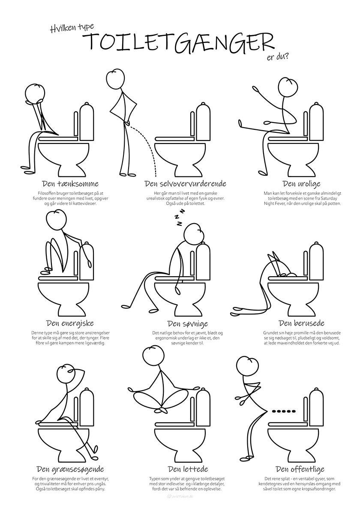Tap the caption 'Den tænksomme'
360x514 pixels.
[70, 184]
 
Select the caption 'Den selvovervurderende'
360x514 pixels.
[185, 184]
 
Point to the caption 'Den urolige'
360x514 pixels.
[301, 184]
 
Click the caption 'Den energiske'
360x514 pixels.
[70, 323]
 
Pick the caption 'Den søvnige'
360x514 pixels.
[187, 324]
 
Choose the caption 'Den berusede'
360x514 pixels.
[301, 323]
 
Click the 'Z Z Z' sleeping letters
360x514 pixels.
[180, 217]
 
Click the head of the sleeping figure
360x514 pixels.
[195, 233]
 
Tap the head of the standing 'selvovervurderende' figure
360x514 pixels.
[117, 79]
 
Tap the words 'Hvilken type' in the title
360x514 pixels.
[72, 28]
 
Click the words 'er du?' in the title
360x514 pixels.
[278, 57]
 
